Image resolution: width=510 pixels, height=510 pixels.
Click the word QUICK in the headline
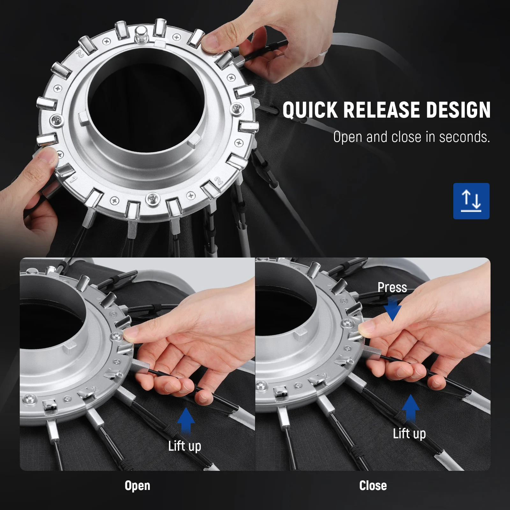(310, 110)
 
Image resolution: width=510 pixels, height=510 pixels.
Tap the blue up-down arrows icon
(471, 201)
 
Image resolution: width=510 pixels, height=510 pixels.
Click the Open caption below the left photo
(137, 485)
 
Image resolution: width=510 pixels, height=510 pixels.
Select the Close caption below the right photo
(373, 485)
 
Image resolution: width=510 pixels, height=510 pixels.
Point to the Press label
(392, 288)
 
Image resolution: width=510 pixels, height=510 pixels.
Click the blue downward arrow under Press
(392, 308)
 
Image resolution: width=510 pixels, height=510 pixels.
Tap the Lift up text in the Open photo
(185, 446)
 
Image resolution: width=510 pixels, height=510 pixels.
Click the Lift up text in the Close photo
(409, 433)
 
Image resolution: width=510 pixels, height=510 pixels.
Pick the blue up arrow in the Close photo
(411, 408)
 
